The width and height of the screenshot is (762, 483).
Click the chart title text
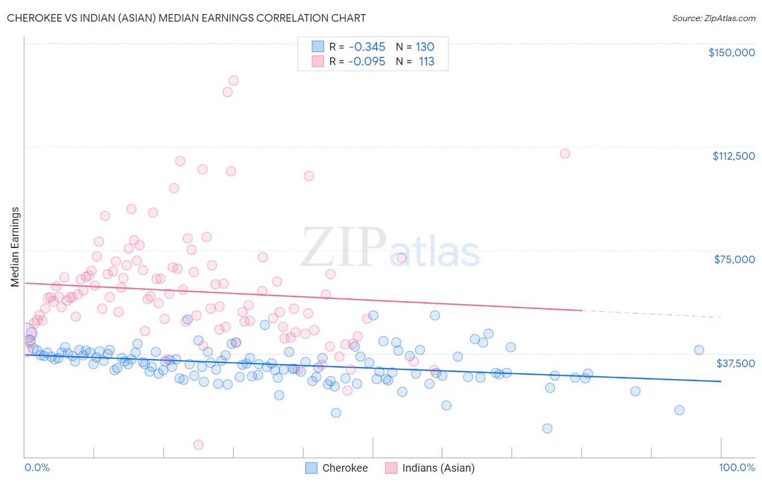pyautogui.click(x=186, y=18)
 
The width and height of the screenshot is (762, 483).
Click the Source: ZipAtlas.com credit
pyautogui.click(x=713, y=18)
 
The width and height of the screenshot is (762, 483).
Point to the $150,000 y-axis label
pyautogui.click(x=731, y=53)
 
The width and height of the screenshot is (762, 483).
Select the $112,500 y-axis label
pyautogui.click(x=733, y=156)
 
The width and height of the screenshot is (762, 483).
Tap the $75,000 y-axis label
pyautogui.click(x=734, y=259)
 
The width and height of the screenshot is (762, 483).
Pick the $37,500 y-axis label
pyautogui.click(x=735, y=363)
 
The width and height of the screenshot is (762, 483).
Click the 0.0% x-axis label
pyautogui.click(x=37, y=467)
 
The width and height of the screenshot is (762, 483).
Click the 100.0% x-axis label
pyautogui.click(x=737, y=467)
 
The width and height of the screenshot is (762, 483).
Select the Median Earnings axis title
pyautogui.click(x=15, y=247)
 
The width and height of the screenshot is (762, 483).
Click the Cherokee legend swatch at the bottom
pyautogui.click(x=311, y=468)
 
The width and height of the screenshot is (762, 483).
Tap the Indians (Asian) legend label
pyautogui.click(x=438, y=468)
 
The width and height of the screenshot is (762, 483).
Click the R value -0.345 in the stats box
pyautogui.click(x=367, y=47)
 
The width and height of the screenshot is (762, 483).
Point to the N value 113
pyautogui.click(x=427, y=61)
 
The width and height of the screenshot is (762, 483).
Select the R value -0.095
pyautogui.click(x=367, y=61)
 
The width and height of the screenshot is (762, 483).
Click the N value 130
pyautogui.click(x=425, y=47)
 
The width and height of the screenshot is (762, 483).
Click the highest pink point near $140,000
pyautogui.click(x=234, y=80)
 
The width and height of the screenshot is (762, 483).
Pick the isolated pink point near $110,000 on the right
pyautogui.click(x=565, y=153)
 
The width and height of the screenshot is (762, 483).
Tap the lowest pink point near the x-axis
pyautogui.click(x=198, y=445)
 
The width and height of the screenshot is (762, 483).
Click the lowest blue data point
pyautogui.click(x=547, y=428)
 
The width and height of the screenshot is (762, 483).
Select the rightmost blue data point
pyautogui.click(x=699, y=350)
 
